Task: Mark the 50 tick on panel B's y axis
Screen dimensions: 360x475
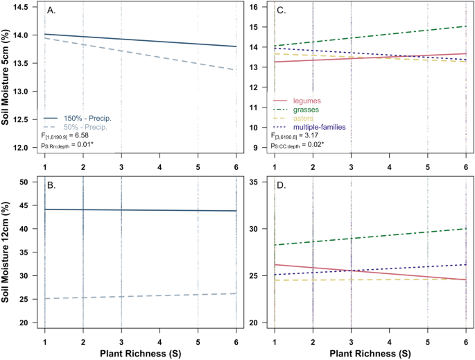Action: tap(29, 182)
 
